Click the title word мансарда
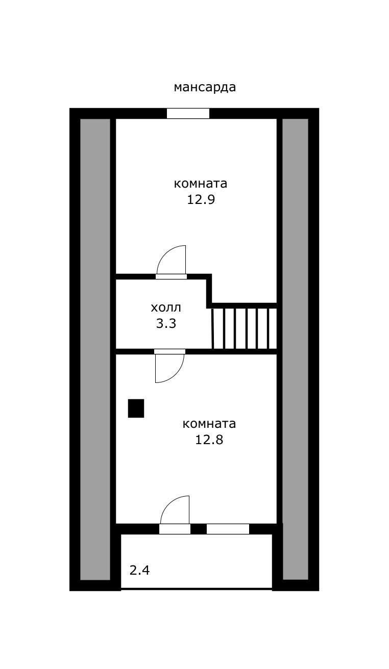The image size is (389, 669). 205,87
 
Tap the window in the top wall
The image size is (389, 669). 188,114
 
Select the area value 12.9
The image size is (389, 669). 201,199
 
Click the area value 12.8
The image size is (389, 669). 209,440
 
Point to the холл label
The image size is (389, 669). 166,307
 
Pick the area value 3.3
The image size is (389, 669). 166,323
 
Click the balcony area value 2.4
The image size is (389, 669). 139,571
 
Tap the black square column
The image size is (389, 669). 136,408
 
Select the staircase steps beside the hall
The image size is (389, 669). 244,328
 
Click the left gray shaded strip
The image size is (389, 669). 95,349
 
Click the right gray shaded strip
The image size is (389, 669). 296,349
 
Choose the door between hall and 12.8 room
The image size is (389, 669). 169,366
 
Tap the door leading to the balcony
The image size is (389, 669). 175,514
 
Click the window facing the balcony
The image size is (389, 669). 228,529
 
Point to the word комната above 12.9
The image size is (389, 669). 201,184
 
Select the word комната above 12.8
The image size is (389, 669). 209,424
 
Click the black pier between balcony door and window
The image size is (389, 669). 199,529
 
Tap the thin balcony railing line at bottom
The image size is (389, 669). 197,589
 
